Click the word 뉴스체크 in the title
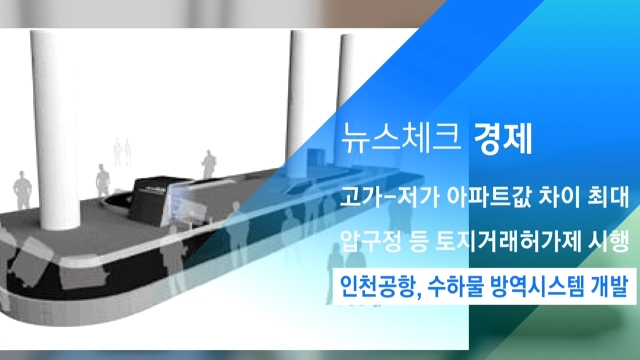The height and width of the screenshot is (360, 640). coord(402,138)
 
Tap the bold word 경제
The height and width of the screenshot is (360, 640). coord(503,138)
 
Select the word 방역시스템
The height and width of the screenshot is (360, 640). coord(536,286)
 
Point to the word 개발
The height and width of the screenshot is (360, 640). coord(609,286)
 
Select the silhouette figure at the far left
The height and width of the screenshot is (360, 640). coord(22,190)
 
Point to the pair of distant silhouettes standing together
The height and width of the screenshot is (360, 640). coord(122,152)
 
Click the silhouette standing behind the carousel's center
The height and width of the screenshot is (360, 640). coord(209,164)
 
